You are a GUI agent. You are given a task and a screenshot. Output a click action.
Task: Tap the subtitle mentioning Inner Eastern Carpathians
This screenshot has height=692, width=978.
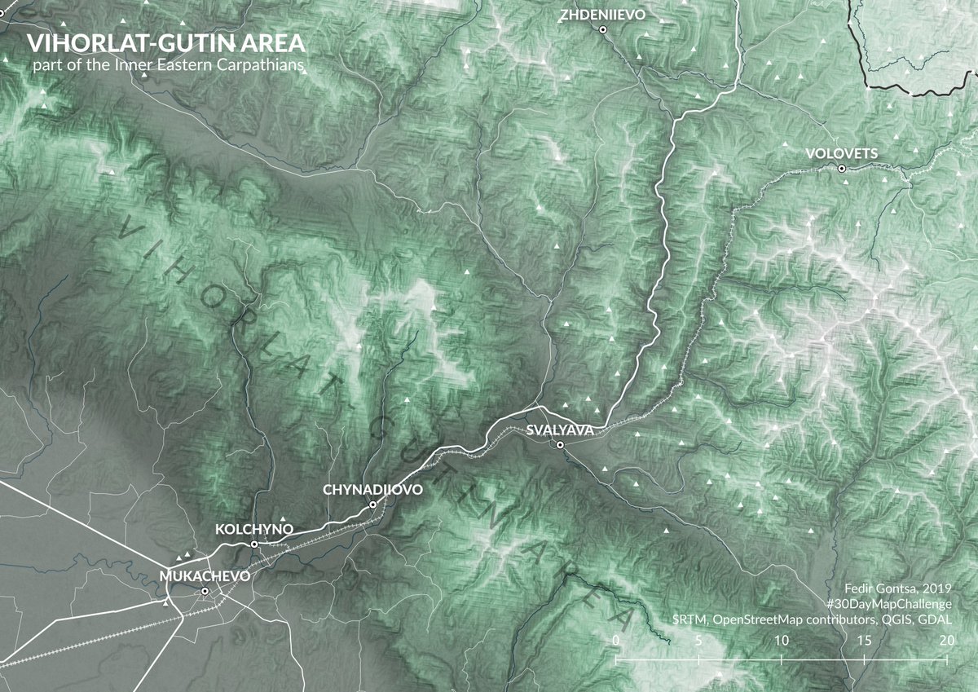click(x=165, y=64)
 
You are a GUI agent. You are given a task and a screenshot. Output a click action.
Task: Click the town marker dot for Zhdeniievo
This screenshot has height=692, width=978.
click(x=603, y=29)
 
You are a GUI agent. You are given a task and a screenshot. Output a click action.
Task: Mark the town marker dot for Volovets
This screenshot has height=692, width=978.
click(x=842, y=169)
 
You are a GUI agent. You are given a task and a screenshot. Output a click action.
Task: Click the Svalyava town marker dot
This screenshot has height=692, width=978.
click(x=560, y=444)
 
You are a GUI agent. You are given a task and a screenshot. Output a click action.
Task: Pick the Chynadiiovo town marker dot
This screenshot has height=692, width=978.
click(x=372, y=505)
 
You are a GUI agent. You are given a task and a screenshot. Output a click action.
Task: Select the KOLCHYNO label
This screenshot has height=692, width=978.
click(x=253, y=529)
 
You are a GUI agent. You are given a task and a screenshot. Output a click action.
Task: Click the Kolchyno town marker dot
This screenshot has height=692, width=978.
click(x=254, y=544)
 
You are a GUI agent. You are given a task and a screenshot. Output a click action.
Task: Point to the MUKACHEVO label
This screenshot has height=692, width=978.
click(x=206, y=575)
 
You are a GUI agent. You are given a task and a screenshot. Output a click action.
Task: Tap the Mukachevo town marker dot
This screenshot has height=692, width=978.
click(x=205, y=591)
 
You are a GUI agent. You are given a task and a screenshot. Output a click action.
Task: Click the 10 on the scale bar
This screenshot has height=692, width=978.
click(x=781, y=641)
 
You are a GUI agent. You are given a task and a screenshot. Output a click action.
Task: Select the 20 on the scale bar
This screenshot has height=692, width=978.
click(x=946, y=641)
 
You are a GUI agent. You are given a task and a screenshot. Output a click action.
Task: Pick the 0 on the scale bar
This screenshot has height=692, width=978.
click(x=616, y=641)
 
